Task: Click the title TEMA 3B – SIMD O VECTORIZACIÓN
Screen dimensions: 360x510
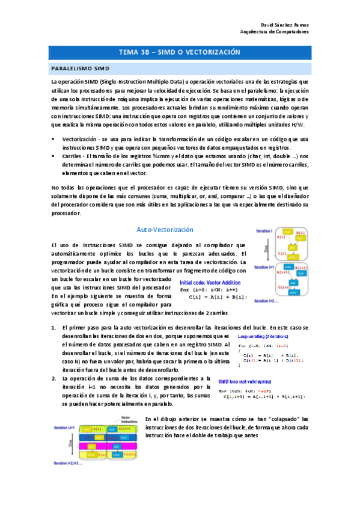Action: point(180,53)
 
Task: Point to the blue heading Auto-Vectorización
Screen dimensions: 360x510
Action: point(165,230)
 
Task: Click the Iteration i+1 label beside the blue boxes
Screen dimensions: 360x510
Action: point(264,266)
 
